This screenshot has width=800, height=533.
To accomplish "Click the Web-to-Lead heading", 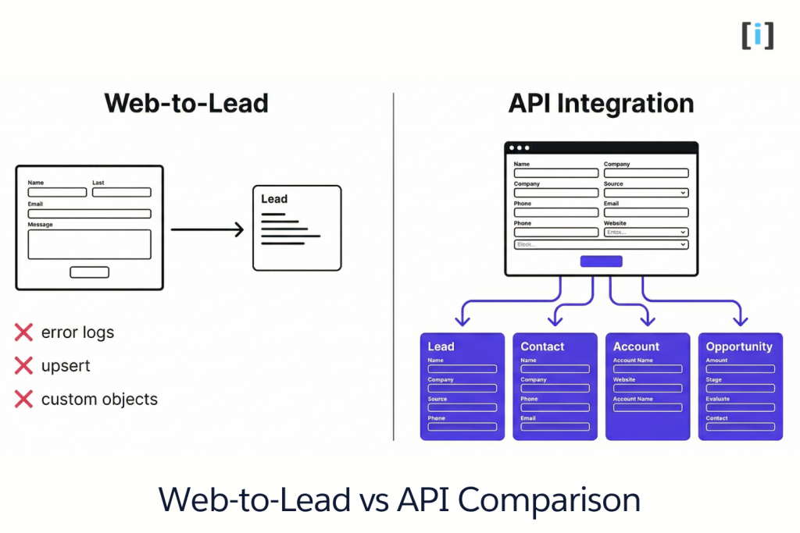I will pos(186,103).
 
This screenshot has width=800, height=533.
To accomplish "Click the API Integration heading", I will pos(601,103).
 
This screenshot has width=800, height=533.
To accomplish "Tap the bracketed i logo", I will pos(757,36).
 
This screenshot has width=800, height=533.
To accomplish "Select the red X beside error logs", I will pos(23,332).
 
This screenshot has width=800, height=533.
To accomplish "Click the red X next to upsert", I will pos(23,365).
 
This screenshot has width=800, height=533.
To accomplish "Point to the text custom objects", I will pos(99,399).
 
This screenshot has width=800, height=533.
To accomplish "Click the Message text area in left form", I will pos(89,244).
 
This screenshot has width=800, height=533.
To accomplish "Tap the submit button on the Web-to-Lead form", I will pos(89,272).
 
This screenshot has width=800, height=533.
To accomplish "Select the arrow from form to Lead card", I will pos(207,229).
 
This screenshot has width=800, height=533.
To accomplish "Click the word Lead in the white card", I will pos(274,199).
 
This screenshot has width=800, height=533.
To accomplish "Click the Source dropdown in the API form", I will pos(645,193).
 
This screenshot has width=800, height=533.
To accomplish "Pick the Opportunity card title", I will pos(738,346).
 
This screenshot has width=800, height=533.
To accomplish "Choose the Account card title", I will pos(636,346).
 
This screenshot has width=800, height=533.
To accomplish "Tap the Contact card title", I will pos(542,346).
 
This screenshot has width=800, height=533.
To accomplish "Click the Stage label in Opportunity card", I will pos(713,380).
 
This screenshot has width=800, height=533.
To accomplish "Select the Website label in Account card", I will pos(624,380).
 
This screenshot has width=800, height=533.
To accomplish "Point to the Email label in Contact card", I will pos(528,418).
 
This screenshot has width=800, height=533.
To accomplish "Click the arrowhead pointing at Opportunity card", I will pos(740,320).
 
